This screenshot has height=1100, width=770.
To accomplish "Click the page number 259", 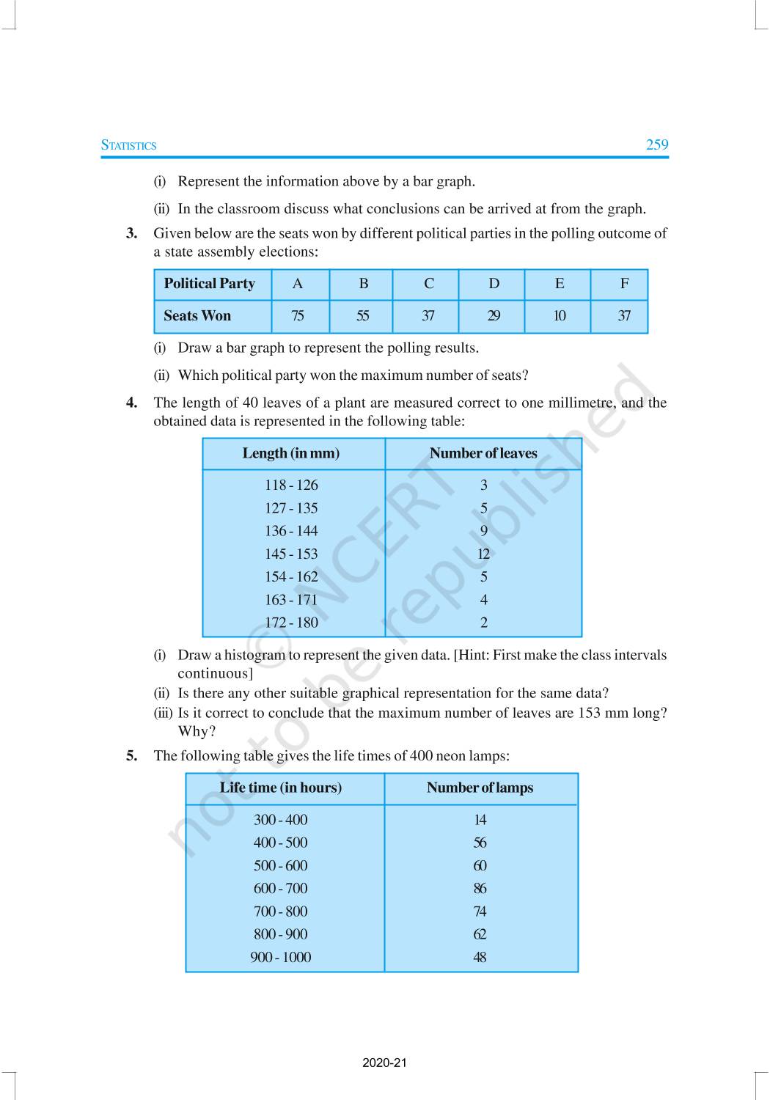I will tap(656, 144).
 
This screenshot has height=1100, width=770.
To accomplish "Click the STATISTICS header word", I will tap(128, 145).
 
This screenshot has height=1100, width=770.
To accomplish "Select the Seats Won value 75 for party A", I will tap(297, 316).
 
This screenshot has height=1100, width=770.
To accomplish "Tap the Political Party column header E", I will tap(559, 284).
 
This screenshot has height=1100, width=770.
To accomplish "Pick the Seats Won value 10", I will tap(559, 316).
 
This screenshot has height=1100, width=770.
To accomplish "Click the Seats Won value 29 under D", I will tap(494, 316).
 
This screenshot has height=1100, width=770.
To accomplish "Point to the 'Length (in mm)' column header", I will tap(290, 453).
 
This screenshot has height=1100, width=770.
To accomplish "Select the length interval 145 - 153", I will tap(291, 554).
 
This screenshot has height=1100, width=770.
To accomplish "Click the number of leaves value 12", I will tap(483, 554).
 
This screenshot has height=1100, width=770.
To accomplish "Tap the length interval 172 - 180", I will tap(291, 623).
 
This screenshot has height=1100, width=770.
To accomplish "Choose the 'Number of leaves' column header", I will tap(483, 453).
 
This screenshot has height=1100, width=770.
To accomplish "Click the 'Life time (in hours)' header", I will tap(280, 788).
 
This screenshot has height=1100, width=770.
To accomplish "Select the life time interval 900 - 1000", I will tap(280, 957).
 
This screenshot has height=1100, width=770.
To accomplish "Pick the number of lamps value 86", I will tap(480, 889).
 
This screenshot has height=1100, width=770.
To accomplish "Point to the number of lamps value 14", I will tap(480, 820).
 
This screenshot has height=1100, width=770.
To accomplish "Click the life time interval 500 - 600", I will tap(280, 865).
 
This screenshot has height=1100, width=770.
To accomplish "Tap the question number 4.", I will tap(131, 403).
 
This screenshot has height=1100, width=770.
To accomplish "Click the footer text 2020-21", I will tap(384, 1063).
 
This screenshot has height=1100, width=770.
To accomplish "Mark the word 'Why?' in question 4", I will tap(197, 731).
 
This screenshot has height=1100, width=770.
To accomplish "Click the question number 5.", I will tap(131, 756).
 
